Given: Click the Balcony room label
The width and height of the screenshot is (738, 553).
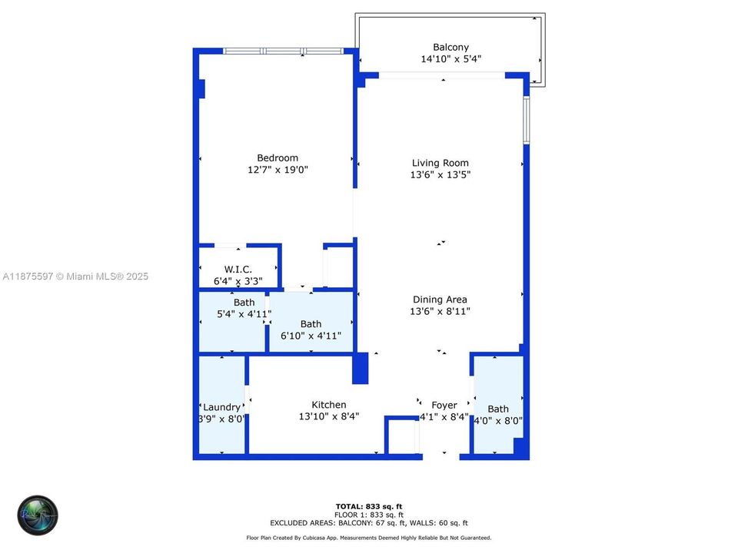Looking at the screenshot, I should click(x=451, y=47).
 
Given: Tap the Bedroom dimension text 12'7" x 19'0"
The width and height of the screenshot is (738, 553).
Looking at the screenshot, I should click(x=278, y=170).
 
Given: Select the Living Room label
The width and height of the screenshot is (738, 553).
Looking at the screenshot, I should click(x=440, y=163).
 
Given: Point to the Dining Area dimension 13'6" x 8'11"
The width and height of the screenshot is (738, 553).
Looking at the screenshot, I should click(x=440, y=311).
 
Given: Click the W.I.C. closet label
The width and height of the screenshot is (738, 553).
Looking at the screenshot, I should click(x=238, y=270).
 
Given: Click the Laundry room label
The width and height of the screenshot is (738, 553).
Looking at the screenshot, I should click(x=221, y=407).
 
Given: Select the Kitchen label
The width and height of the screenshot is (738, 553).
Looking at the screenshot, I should click(x=328, y=405).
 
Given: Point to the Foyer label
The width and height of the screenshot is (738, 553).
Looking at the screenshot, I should click(x=444, y=405).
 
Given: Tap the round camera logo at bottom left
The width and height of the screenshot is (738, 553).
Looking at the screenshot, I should click(x=38, y=515).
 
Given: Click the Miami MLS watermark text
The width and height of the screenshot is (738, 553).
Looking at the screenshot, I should click(x=75, y=276).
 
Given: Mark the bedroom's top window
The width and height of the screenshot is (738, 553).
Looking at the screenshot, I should click(x=283, y=51).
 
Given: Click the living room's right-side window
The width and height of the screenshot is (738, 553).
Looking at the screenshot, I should click(x=526, y=120).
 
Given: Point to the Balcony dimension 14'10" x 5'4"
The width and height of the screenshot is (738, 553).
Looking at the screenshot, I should click(x=451, y=59).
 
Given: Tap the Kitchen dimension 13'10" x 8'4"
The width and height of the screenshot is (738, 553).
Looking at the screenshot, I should click(x=328, y=416).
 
